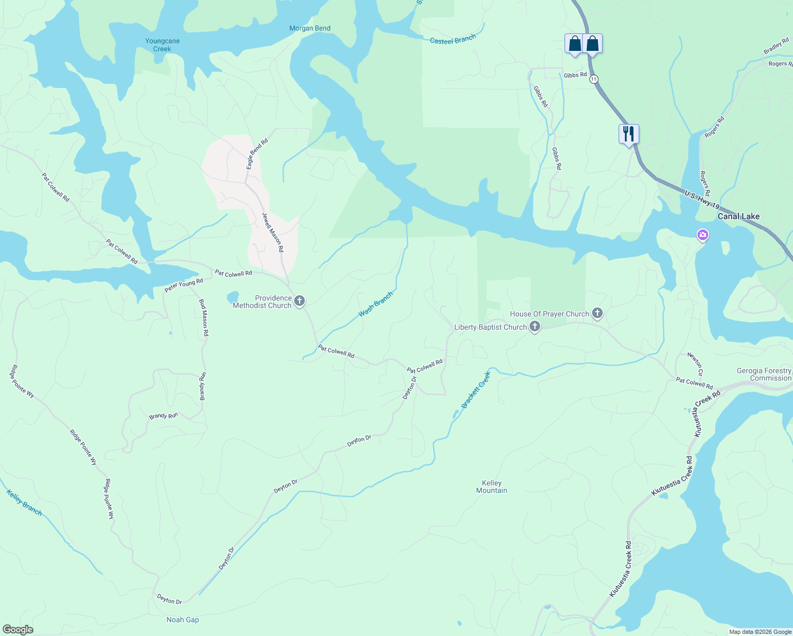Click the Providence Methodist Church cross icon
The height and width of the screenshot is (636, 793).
(299, 302)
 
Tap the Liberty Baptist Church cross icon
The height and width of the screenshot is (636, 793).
(535, 327)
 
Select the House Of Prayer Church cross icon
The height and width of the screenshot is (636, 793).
(597, 314)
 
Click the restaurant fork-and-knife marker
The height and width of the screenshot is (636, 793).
(629, 134)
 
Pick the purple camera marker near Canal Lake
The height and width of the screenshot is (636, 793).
(703, 235)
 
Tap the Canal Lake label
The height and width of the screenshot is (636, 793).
(738, 216)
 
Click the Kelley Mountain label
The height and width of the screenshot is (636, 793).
(491, 487)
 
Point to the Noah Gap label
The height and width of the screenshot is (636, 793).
(183, 620)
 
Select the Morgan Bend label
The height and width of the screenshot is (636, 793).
(310, 28)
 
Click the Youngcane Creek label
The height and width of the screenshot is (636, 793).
(162, 45)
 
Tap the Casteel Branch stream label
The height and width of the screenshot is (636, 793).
(453, 40)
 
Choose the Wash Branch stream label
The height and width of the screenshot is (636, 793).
(376, 304)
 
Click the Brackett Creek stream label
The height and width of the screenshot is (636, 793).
(476, 390)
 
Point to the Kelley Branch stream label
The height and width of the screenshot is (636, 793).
(24, 502)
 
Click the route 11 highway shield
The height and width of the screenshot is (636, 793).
(594, 79)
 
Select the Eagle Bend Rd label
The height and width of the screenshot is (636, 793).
(257, 154)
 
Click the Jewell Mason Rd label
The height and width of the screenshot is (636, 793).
(273, 232)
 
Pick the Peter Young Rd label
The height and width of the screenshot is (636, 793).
(183, 285)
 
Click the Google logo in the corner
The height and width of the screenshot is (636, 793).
(18, 630)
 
